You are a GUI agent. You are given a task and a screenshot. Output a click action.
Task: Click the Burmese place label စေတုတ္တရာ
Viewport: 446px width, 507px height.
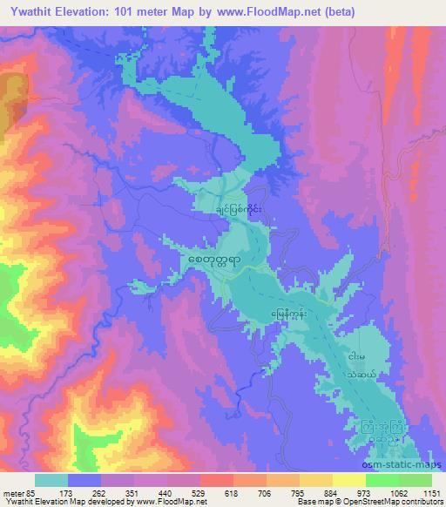coord(215,260)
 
